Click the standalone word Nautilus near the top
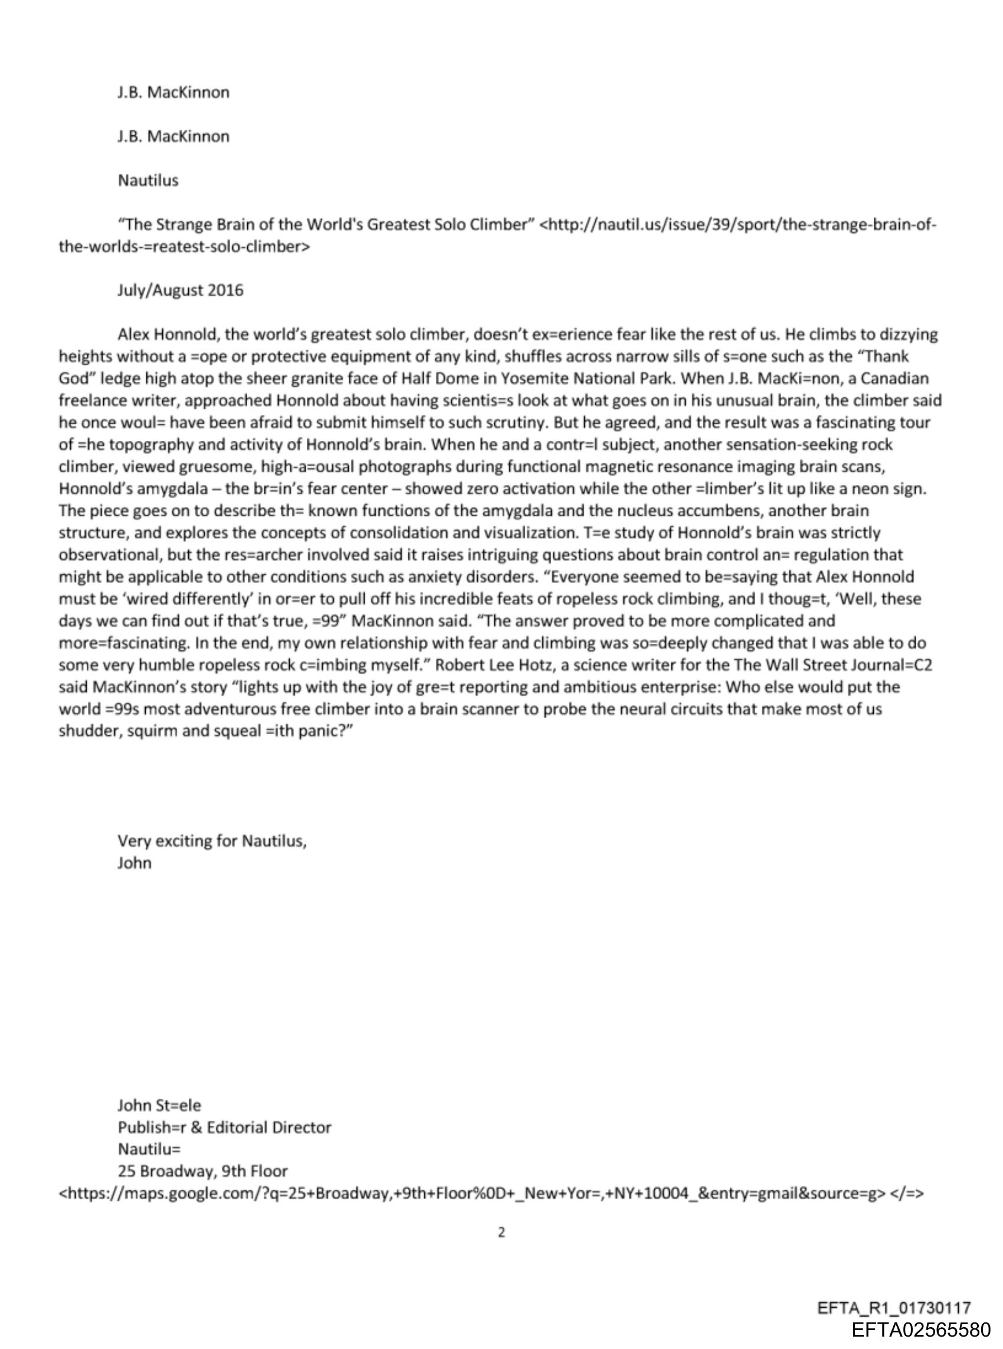[x=148, y=181]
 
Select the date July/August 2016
[x=181, y=290]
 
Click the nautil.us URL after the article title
[x=737, y=225]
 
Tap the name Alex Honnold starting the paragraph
[x=162, y=335]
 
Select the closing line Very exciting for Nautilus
[x=212, y=841]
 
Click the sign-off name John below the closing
[x=134, y=863]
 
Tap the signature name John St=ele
[x=159, y=1105]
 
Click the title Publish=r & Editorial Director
[x=224, y=1127]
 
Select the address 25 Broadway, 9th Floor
[x=202, y=1171]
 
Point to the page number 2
[x=501, y=1232]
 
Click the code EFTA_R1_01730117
[x=894, y=1308]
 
